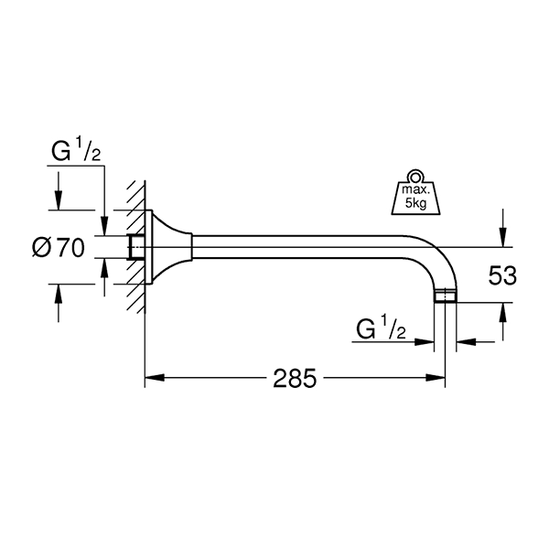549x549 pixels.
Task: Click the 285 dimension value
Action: [x=295, y=378]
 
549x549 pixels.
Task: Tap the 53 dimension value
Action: [x=502, y=275]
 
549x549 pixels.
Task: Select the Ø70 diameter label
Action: [x=59, y=248]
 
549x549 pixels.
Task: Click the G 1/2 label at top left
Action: [x=76, y=150]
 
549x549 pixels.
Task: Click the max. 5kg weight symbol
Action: [x=415, y=192]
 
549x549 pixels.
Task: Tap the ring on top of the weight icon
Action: [x=415, y=177]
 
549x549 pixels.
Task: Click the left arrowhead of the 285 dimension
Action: [x=155, y=378]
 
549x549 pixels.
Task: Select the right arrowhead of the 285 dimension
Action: [x=436, y=378]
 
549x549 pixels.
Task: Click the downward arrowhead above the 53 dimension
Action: [x=502, y=237]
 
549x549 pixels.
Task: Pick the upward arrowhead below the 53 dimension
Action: [x=502, y=312]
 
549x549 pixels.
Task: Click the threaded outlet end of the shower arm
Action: [x=446, y=296]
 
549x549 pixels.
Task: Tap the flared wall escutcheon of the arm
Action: [x=168, y=247]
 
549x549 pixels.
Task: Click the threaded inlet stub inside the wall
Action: [x=136, y=247]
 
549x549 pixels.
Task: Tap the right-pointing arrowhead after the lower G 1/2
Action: [x=424, y=341]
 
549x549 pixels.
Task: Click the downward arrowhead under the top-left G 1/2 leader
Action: [x=104, y=225]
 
